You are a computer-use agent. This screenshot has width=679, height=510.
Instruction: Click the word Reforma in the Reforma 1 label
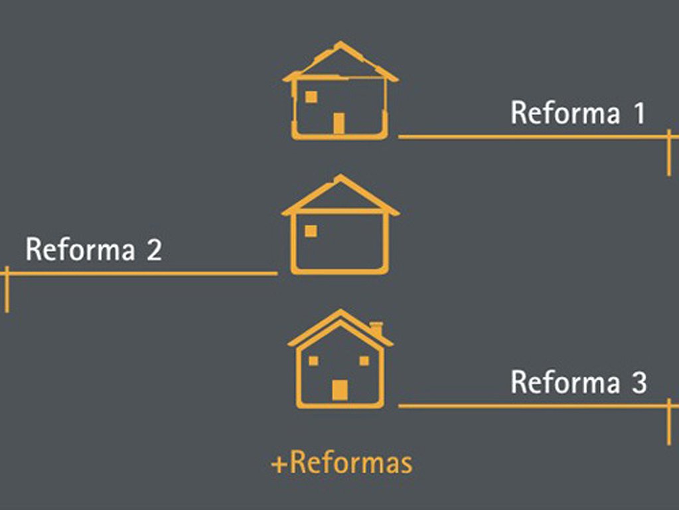tap(565, 113)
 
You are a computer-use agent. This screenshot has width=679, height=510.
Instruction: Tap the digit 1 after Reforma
tap(639, 113)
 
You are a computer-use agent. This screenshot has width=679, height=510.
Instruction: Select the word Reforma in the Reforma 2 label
tap(80, 250)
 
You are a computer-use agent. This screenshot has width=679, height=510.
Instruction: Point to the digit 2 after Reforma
tap(153, 250)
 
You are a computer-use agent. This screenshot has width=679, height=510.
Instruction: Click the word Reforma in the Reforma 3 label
tap(565, 382)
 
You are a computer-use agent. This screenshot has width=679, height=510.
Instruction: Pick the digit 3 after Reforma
tap(639, 382)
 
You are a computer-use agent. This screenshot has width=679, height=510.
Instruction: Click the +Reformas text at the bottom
tap(341, 463)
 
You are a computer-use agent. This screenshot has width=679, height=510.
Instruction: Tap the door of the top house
tap(339, 123)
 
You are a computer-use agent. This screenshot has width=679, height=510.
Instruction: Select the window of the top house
tap(311, 97)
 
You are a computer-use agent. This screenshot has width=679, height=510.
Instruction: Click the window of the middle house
tap(311, 231)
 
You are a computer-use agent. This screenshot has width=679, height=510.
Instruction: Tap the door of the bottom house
tap(339, 390)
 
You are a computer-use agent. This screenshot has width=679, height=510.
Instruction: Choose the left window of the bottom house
tap(313, 361)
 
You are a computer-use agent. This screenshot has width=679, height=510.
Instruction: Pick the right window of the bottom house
tap(364, 361)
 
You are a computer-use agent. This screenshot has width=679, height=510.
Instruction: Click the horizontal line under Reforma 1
tap(531, 137)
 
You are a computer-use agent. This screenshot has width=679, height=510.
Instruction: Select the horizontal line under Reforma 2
tap(139, 273)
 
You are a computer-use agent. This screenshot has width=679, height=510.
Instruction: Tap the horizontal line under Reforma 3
tap(531, 406)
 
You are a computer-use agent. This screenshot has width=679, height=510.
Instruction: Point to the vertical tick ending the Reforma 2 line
tap(7, 289)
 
